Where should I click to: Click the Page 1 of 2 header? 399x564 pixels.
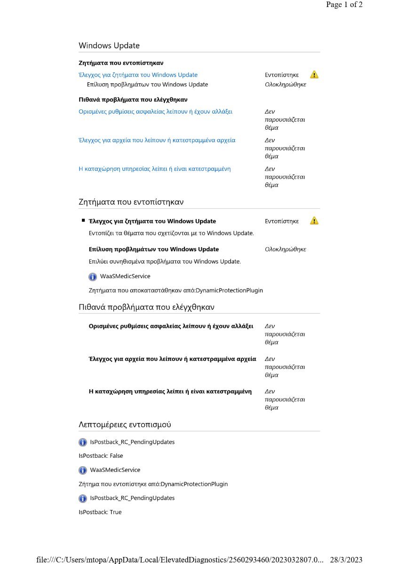pos(344,5)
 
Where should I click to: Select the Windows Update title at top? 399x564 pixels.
pos(109,46)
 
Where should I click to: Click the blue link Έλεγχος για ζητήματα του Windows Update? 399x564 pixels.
pos(138,75)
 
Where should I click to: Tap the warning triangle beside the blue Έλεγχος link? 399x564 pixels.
pos(314,75)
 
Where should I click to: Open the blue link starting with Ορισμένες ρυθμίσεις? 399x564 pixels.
pos(155,111)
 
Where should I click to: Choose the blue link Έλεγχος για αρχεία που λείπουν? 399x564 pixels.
pos(157,140)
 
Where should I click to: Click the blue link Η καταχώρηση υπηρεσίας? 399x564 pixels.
pos(154,169)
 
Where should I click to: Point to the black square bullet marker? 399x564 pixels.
pos(83,220)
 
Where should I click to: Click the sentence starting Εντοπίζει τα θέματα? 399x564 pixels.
pos(171,233)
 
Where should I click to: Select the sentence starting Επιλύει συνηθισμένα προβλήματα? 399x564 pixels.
pos(165,261)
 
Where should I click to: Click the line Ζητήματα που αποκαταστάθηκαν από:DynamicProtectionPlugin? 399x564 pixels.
pos(176,290)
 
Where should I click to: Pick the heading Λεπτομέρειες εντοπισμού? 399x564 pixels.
pos(125,424)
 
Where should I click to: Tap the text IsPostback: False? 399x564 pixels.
pos(101,456)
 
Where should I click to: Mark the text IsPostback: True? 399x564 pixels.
pos(100,512)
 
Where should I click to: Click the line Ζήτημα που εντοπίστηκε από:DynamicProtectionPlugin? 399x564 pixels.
pos(153,484)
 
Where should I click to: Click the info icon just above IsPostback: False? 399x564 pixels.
pos(83,442)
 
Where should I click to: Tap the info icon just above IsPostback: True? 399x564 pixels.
pos(83,498)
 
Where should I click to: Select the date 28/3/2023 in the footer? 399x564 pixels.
pos(346,560)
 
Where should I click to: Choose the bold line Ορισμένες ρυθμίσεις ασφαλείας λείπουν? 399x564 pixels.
pos(171,326)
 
